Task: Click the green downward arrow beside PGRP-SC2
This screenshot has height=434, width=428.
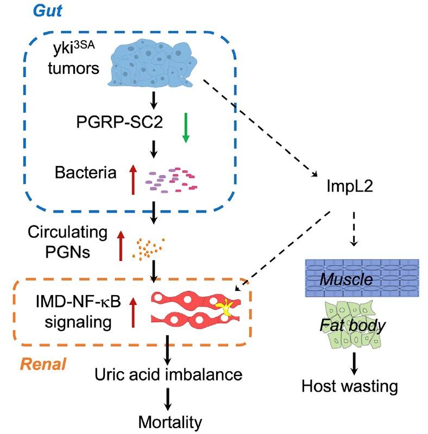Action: (x=185, y=128)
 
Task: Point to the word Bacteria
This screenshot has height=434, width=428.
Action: (x=86, y=174)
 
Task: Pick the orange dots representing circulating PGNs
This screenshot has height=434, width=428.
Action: (x=148, y=247)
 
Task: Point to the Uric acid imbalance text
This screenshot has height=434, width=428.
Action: (x=167, y=374)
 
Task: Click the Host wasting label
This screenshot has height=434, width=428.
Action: (x=350, y=386)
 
